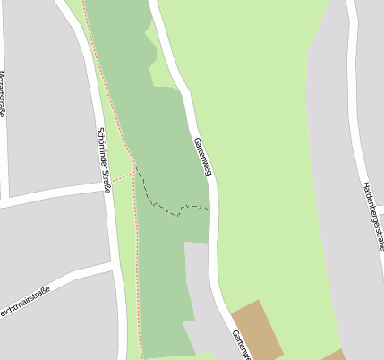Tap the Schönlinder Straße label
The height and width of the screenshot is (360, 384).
point(102,159)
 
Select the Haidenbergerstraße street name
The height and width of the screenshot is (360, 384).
point(373,215)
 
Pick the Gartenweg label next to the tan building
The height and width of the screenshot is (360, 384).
point(238,345)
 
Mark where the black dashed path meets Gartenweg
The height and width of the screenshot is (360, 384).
point(210,209)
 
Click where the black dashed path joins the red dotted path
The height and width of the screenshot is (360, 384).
point(136,170)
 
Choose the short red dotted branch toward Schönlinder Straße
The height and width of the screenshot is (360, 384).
point(121,176)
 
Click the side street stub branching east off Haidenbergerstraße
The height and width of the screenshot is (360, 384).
point(379,208)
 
